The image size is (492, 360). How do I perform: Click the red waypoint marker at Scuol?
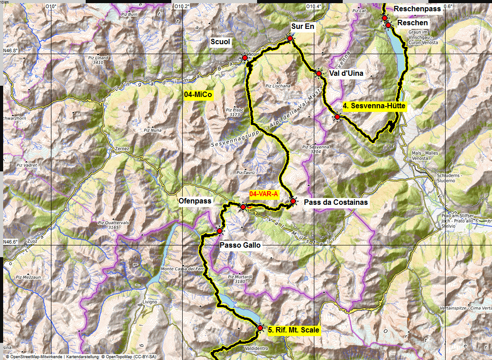tap(245, 58)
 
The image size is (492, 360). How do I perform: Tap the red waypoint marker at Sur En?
tap(290, 39)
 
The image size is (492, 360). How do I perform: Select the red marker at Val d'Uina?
tap(318, 73)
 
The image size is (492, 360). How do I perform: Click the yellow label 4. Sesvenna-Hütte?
tap(374, 106)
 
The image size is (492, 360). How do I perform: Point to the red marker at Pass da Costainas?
tap(293, 201)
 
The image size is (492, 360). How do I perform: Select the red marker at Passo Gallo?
tap(220, 231)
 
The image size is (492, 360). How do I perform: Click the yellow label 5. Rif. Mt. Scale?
tap(294, 330)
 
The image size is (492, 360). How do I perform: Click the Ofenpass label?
tap(195, 201)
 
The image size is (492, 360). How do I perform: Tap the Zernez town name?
tap(122, 149)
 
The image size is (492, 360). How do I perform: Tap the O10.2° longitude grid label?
tap(182, 6)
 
